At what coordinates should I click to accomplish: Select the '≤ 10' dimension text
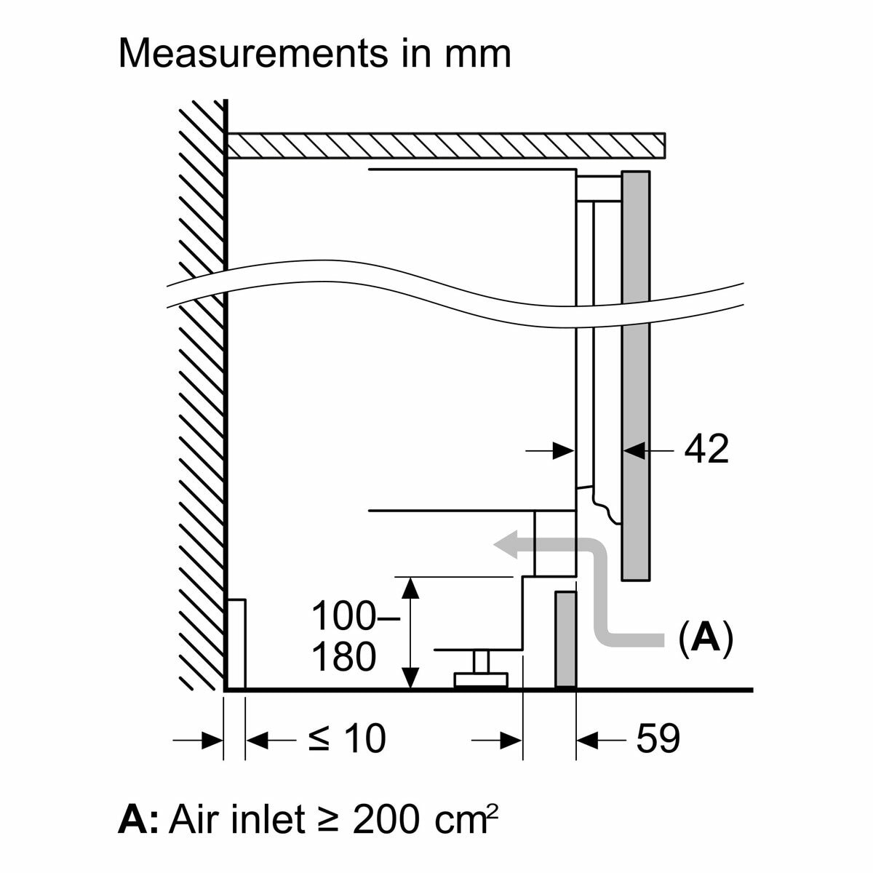coord(346,739)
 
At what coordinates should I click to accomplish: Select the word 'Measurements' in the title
coord(241,54)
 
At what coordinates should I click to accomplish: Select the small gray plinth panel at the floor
coord(565,639)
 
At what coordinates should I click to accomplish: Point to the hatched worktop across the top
coord(444,145)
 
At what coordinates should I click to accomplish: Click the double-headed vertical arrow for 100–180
coord(411,632)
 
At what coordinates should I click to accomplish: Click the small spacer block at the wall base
coord(236,643)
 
